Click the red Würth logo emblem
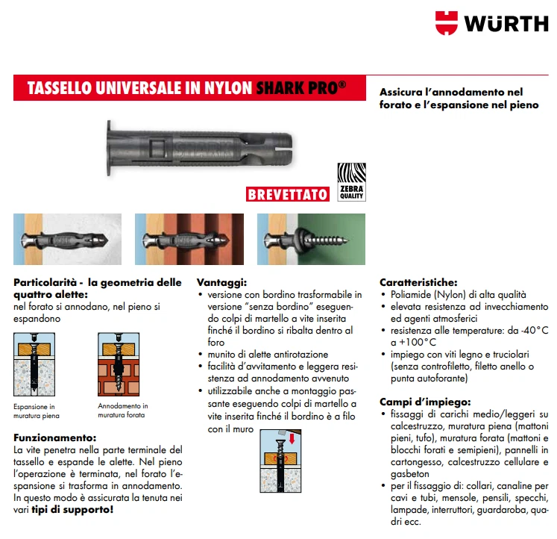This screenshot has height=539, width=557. coord(448,22)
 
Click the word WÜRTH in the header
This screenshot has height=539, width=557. coord(506,23)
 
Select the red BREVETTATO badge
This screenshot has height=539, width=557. coord(288,194)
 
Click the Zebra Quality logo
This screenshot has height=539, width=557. coord(350,182)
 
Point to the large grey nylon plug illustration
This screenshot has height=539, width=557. coord(201,146)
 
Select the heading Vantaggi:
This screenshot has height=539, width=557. coord(221,283)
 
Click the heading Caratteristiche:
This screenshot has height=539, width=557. coord(418,282)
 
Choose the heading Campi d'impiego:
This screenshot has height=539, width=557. coord(425,401)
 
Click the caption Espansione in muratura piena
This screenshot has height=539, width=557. coord(37,411)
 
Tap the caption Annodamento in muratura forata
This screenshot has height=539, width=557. coord(123,411)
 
